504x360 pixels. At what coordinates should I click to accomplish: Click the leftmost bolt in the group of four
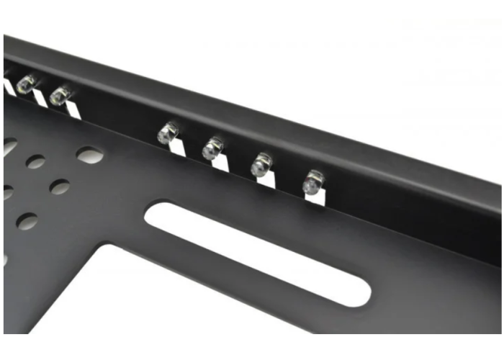(x=168, y=132)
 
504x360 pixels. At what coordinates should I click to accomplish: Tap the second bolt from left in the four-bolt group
(x=212, y=148)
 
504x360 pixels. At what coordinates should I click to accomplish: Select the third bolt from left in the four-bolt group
(x=261, y=165)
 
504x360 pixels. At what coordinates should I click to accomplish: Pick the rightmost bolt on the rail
(x=313, y=181)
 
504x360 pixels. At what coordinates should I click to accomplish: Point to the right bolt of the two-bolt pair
(x=61, y=94)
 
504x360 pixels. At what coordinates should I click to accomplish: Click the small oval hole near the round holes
(x=89, y=154)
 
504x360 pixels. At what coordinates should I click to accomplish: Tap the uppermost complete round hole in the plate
(x=36, y=162)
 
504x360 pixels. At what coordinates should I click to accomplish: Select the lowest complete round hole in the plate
(x=27, y=221)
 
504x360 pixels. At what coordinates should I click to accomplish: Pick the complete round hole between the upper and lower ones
(x=60, y=187)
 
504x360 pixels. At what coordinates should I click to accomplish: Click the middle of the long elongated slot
(x=257, y=253)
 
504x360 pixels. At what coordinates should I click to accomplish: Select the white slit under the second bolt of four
(x=220, y=163)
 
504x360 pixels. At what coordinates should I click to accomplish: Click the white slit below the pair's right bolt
(x=72, y=109)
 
